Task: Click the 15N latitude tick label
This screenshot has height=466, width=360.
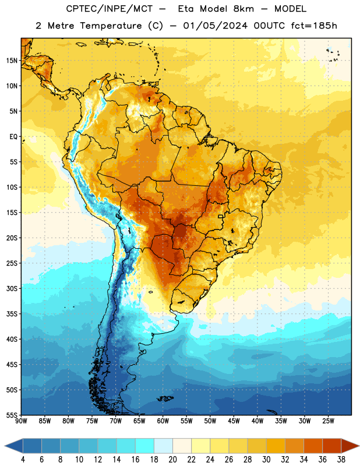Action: [x=12, y=61]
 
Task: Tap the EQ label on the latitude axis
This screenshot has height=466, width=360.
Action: [x=13, y=137]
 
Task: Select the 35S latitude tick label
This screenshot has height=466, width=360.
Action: [x=12, y=314]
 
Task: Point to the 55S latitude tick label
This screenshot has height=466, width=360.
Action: [x=12, y=415]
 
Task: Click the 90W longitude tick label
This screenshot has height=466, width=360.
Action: [x=21, y=421]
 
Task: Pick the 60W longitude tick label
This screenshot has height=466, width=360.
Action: [x=163, y=421]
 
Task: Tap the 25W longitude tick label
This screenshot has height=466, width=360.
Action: [x=328, y=421]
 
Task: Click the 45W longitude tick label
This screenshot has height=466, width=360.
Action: [x=234, y=421]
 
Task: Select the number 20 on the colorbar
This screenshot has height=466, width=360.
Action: [x=172, y=460]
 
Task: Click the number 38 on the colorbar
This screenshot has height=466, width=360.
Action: [x=341, y=460]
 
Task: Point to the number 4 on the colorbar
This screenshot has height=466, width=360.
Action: [x=23, y=460]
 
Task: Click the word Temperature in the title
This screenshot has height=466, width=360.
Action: [x=111, y=26]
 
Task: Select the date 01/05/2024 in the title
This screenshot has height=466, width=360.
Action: [x=215, y=26]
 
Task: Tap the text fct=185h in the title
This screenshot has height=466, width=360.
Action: [x=314, y=26]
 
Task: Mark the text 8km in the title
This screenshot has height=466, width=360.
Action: [x=243, y=9]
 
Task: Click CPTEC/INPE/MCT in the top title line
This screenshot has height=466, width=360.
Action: [x=109, y=9]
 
